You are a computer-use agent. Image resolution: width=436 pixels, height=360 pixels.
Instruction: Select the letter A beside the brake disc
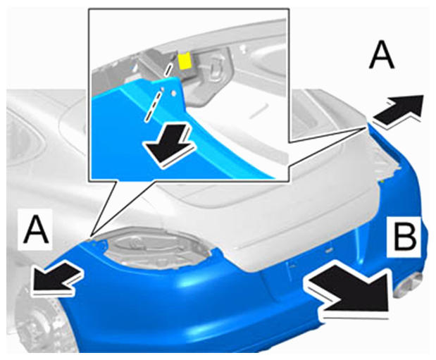pyautogui.click(x=36, y=230)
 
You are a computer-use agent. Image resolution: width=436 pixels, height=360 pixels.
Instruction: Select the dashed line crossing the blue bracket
pyautogui.click(x=158, y=92)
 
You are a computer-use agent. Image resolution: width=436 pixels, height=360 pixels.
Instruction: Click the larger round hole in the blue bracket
pyautogui.click(x=173, y=94)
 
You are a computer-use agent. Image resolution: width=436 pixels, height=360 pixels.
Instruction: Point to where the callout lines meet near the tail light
pyautogui.click(x=91, y=237)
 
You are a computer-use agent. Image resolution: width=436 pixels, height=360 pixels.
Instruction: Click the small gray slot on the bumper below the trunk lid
pyautogui.click(x=329, y=250)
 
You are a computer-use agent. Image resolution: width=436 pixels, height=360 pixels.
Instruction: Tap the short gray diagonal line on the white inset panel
pyautogui.click(x=259, y=111)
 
